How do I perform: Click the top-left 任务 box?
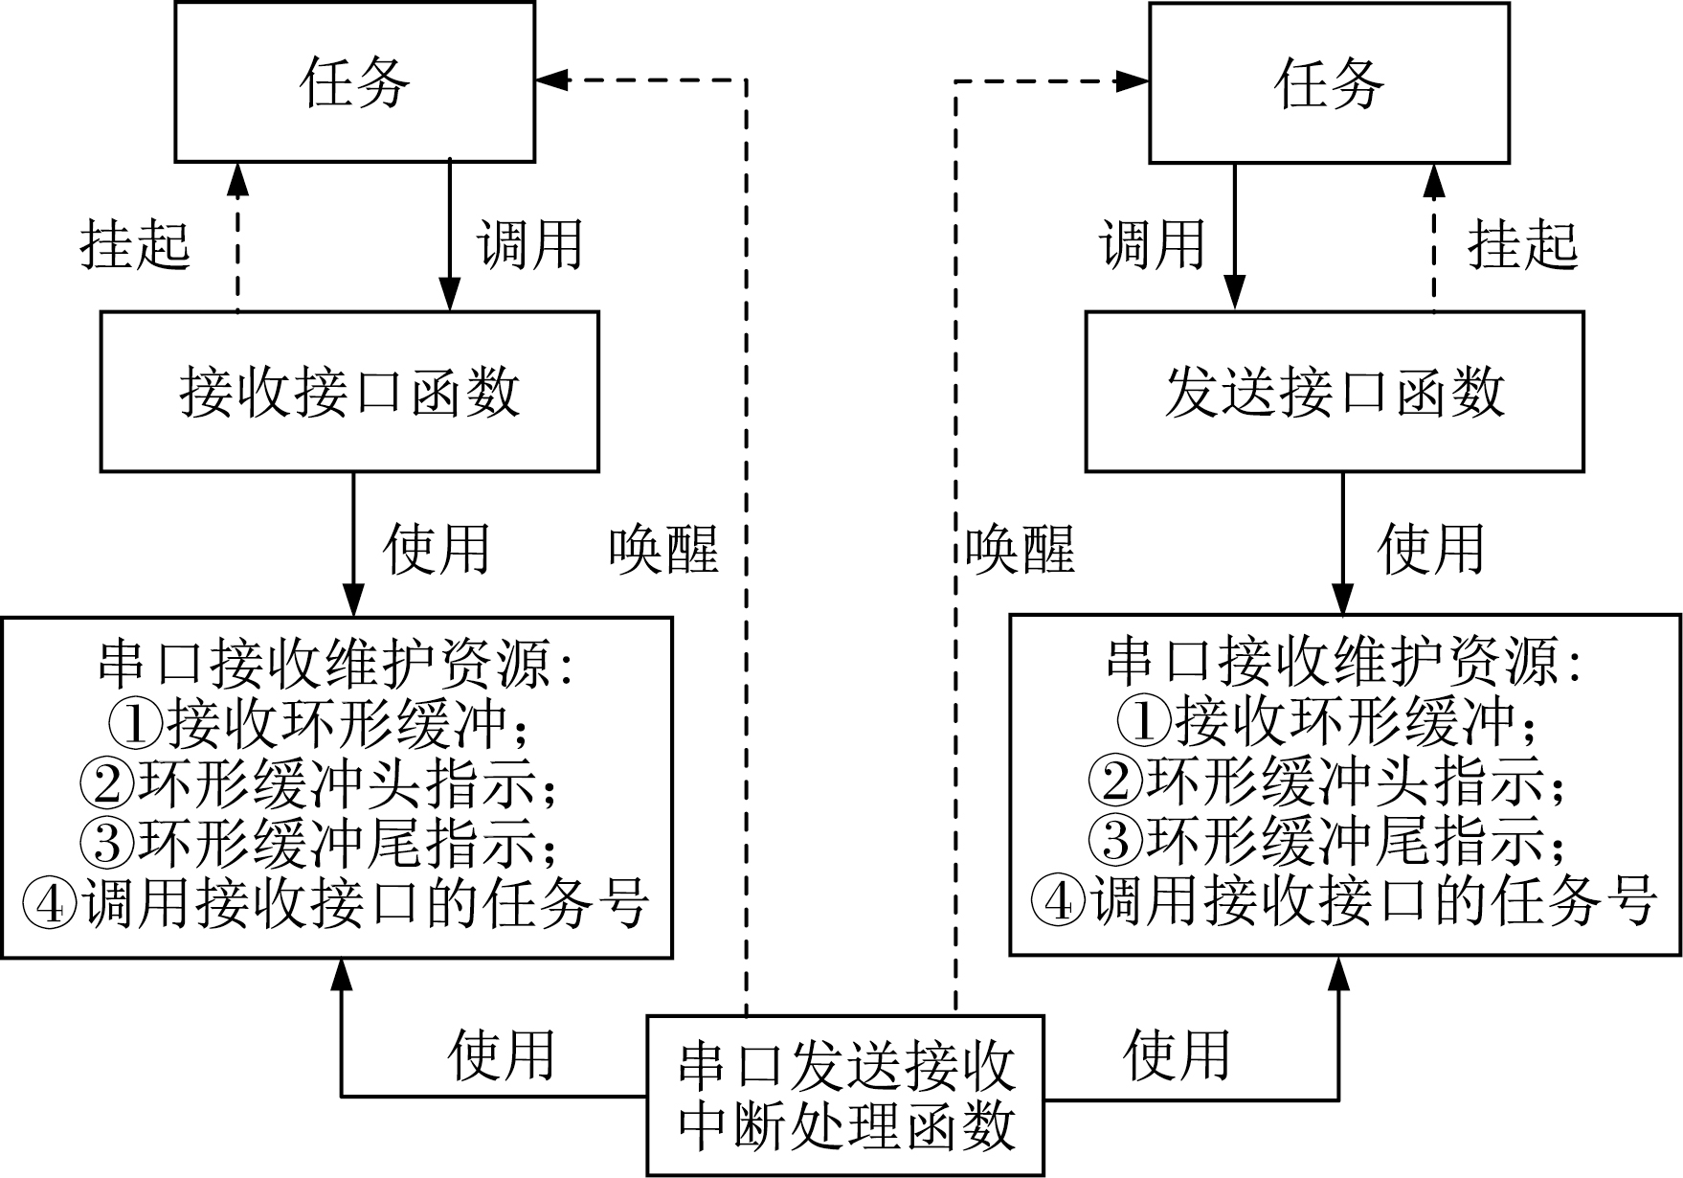[x=354, y=82]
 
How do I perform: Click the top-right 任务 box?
[x=1329, y=82]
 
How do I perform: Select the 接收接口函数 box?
[x=349, y=392]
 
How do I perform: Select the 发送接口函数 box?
[x=1334, y=392]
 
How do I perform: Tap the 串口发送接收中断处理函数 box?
[x=845, y=1096]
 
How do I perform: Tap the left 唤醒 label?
[x=663, y=551]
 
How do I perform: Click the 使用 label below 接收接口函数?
[x=437, y=549]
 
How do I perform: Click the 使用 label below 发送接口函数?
[x=1430, y=549]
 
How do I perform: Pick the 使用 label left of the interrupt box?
[x=501, y=1054]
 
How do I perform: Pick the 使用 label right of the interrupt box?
[x=1177, y=1054]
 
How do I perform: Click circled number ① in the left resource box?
[x=136, y=724]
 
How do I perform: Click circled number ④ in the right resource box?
[x=1059, y=902]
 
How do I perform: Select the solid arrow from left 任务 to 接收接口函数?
[x=450, y=235]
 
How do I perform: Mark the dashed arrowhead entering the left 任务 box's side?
[x=551, y=80]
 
